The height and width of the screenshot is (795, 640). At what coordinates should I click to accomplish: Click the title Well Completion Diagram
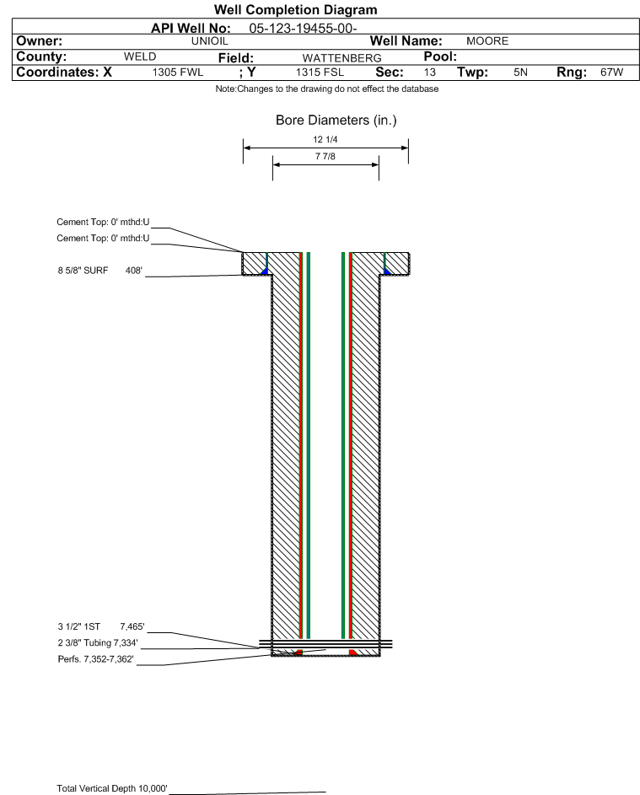click(296, 9)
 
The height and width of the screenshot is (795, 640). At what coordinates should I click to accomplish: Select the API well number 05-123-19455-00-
click(303, 29)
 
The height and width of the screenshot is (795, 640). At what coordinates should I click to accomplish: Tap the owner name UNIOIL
click(209, 41)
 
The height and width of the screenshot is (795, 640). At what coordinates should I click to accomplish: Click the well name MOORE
click(487, 41)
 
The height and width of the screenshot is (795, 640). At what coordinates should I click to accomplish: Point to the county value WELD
click(140, 56)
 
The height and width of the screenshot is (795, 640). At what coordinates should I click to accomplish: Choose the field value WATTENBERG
click(342, 58)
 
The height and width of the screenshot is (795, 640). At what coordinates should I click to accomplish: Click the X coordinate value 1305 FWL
click(178, 73)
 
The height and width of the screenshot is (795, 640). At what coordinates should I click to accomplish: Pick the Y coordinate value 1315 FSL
click(320, 73)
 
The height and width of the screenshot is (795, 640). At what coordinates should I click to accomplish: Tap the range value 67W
click(611, 73)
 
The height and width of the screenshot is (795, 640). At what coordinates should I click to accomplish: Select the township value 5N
click(521, 73)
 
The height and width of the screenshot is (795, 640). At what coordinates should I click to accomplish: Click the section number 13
click(429, 73)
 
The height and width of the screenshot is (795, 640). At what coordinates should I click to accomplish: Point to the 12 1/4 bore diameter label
click(325, 139)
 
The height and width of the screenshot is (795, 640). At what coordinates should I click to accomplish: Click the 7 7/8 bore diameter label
click(325, 156)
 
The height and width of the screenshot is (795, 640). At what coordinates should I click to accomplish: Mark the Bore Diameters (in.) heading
click(336, 121)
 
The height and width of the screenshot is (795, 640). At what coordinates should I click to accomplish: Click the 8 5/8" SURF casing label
click(83, 271)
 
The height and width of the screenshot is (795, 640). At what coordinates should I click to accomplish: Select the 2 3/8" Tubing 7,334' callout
click(98, 643)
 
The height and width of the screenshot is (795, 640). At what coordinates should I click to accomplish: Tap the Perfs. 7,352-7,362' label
click(96, 659)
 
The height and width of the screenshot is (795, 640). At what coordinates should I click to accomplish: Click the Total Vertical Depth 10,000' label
click(112, 788)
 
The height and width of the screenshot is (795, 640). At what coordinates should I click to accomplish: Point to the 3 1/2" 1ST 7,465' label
click(101, 626)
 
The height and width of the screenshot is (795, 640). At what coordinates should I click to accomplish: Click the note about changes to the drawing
click(327, 89)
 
